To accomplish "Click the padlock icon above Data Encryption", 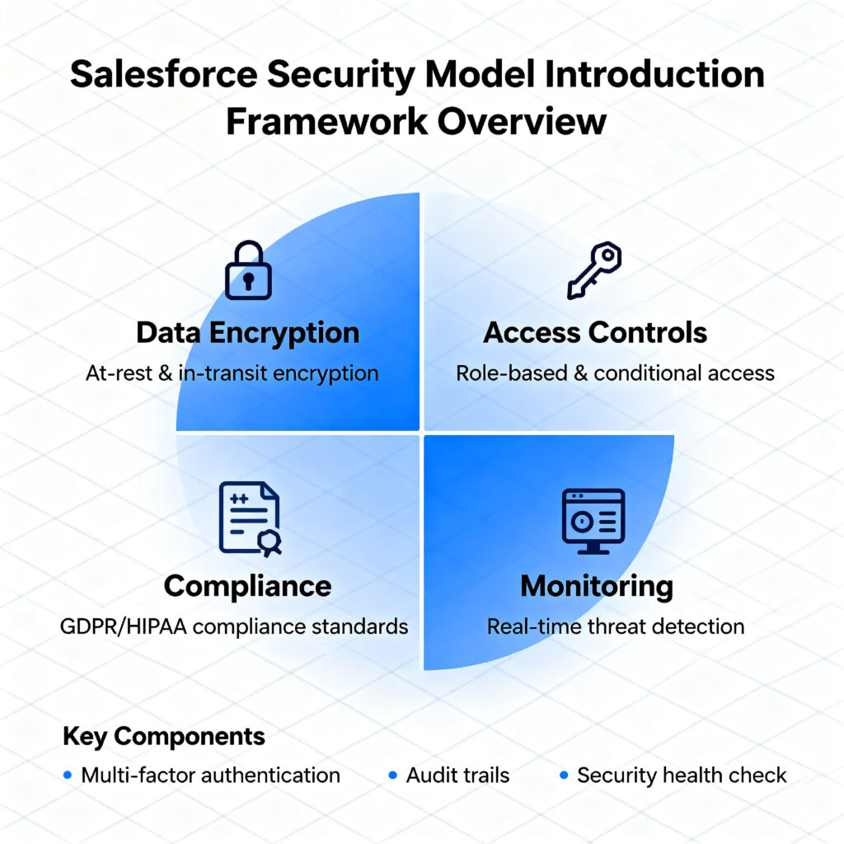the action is pyautogui.click(x=248, y=270).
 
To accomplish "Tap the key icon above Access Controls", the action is pyautogui.click(x=595, y=270).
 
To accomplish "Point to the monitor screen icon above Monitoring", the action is pyautogui.click(x=593, y=521).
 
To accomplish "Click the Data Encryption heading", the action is pyautogui.click(x=247, y=333).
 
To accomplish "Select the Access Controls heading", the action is pyautogui.click(x=595, y=333).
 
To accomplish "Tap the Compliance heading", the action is pyautogui.click(x=247, y=586).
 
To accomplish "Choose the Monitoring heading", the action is pyautogui.click(x=597, y=586).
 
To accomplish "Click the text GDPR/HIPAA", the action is pyautogui.click(x=124, y=626).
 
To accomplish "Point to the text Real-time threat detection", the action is pyautogui.click(x=616, y=626).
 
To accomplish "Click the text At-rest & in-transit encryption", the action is pyautogui.click(x=232, y=373).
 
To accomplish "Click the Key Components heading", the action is pyautogui.click(x=164, y=736).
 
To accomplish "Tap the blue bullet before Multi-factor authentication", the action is pyautogui.click(x=68, y=775).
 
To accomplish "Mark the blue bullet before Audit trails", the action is pyautogui.click(x=392, y=775).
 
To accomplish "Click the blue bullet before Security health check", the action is pyautogui.click(x=564, y=775).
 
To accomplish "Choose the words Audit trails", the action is pyautogui.click(x=457, y=775).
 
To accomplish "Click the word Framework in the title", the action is pyautogui.click(x=326, y=121).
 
